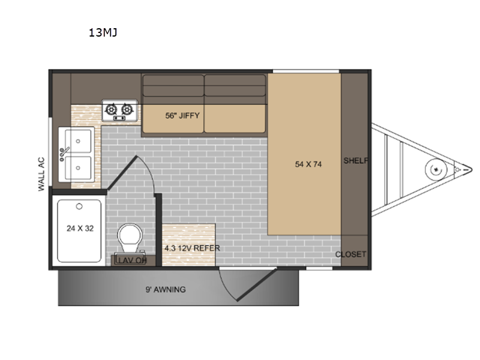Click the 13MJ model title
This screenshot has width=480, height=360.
(x=103, y=33)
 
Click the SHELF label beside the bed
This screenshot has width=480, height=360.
(x=355, y=160)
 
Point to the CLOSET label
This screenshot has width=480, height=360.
(x=350, y=254)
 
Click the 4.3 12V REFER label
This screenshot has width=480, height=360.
(x=190, y=247)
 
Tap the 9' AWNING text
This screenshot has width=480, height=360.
(x=166, y=289)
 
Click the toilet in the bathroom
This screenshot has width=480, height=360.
(x=128, y=239)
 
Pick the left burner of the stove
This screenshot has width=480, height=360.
(x=112, y=109)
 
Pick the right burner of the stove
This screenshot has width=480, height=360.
(x=127, y=109)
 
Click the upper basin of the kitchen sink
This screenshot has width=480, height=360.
(x=79, y=140)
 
